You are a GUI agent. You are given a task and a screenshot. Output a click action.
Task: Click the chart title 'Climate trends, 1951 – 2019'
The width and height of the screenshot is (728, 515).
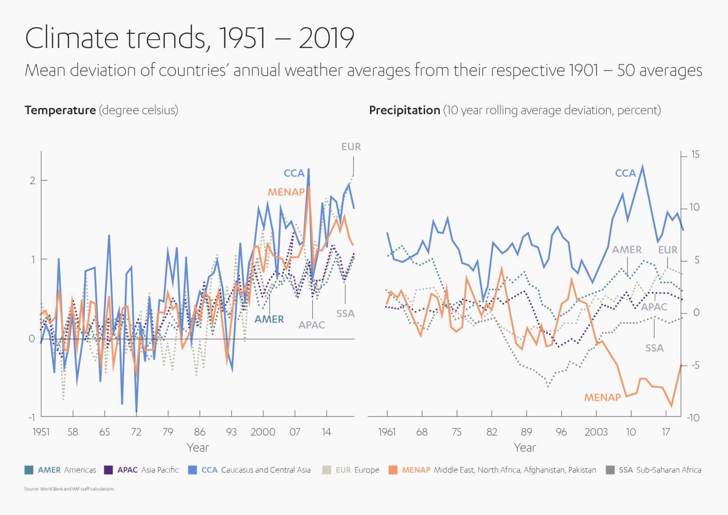pyautogui.click(x=190, y=38)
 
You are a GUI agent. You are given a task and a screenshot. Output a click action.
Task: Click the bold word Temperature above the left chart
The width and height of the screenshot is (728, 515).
pyautogui.click(x=60, y=110)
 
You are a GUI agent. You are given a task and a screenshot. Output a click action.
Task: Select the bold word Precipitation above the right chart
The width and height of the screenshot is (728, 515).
pyautogui.click(x=404, y=110)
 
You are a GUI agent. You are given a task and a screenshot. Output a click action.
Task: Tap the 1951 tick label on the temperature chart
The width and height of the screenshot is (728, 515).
pyautogui.click(x=41, y=432)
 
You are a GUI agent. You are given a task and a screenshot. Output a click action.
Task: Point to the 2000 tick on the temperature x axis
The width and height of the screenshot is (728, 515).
pyautogui.click(x=263, y=432)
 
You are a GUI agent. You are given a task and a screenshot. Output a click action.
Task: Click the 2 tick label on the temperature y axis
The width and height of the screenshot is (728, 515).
pyautogui.click(x=32, y=180)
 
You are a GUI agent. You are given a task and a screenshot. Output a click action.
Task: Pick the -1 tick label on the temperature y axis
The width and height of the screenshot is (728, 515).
pyautogui.click(x=31, y=417)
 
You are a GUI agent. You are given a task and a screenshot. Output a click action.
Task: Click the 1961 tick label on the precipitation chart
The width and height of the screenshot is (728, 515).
pyautogui.click(x=387, y=432)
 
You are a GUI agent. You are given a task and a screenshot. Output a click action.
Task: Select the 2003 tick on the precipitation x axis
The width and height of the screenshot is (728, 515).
pyautogui.click(x=596, y=432)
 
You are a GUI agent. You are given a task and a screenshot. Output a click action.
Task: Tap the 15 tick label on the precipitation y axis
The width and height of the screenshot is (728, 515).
pyautogui.click(x=695, y=155)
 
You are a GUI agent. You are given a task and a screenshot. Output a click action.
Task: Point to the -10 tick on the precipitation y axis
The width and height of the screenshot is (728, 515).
pyautogui.click(x=693, y=418)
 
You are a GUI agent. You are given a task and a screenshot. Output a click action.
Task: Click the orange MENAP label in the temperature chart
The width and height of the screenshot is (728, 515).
pyautogui.click(x=286, y=192)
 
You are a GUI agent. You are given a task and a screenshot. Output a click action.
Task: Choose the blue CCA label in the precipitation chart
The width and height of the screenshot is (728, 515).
pyautogui.click(x=625, y=174)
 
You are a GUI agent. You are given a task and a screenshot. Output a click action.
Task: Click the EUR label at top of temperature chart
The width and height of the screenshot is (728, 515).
pyautogui.click(x=351, y=147)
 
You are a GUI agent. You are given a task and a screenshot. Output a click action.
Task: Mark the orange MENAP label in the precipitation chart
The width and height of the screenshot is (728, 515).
pyautogui.click(x=602, y=397)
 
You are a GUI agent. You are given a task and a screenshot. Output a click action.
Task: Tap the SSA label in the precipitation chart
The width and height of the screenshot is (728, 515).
pyautogui.click(x=654, y=348)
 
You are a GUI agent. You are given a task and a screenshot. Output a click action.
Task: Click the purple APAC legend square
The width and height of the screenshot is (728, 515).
pyautogui.click(x=108, y=470)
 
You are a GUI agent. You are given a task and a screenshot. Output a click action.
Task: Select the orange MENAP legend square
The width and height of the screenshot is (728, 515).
pyautogui.click(x=393, y=470)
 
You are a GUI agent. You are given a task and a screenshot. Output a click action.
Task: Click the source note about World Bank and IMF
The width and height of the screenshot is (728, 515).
pyautogui.click(x=70, y=489)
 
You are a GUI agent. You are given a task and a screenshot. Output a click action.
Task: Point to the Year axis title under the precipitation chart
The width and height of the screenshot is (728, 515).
pyautogui.click(x=525, y=448)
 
